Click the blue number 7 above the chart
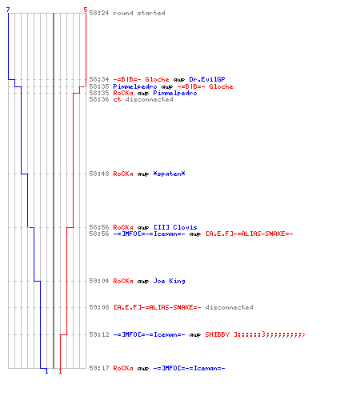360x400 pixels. point(8,10)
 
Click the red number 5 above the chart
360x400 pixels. point(86,10)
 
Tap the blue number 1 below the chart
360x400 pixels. point(46,371)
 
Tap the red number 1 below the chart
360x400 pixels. point(60,371)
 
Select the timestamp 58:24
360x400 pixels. point(99,13)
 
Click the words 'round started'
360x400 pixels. point(139,13)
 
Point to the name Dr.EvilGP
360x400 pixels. point(207,79)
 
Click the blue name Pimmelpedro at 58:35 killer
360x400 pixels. point(135,86)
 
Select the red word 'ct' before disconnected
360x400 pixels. point(117,99)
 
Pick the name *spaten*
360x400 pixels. point(169,174)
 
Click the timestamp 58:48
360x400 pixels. point(99,174)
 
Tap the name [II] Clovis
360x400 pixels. point(175,227)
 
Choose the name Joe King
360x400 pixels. point(169,281)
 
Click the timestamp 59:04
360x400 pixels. point(99,281)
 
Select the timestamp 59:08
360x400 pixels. point(99,307)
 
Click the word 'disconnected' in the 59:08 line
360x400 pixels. point(229,307)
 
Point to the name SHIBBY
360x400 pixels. point(218,334)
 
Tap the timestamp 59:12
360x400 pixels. point(99,334)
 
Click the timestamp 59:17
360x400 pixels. point(99,368)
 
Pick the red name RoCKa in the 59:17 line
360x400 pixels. point(123,368)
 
